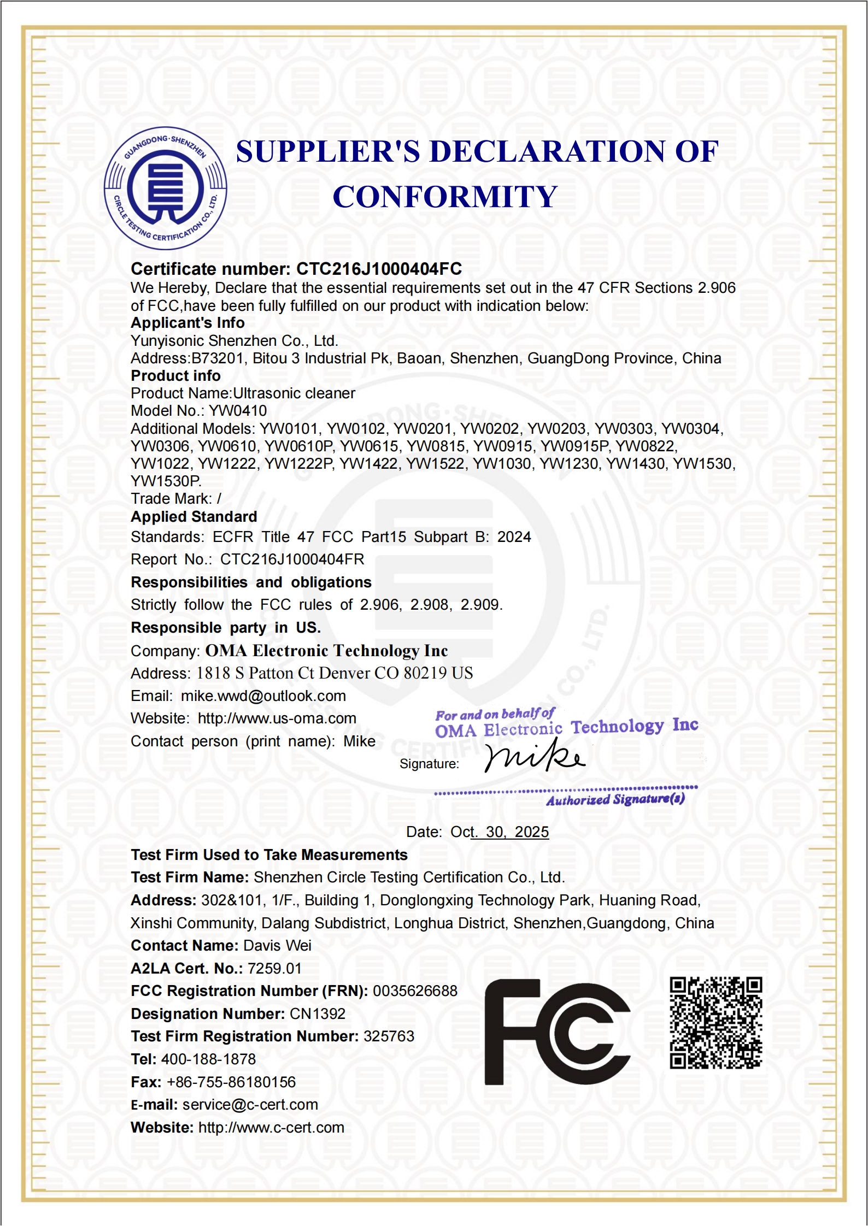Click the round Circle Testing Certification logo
166,188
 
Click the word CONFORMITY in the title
445,197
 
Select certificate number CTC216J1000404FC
379,269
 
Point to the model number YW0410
238,411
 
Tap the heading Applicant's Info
187,323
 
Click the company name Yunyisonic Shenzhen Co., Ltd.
234,341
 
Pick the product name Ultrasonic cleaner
294,393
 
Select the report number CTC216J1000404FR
292,559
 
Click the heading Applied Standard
194,517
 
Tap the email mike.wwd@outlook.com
263,696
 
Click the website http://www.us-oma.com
277,718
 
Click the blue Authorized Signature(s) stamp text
615,800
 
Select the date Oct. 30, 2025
500,832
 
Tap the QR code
716,1022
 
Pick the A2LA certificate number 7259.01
274,969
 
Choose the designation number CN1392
318,1014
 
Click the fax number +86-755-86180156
231,1082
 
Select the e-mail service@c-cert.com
250,1105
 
